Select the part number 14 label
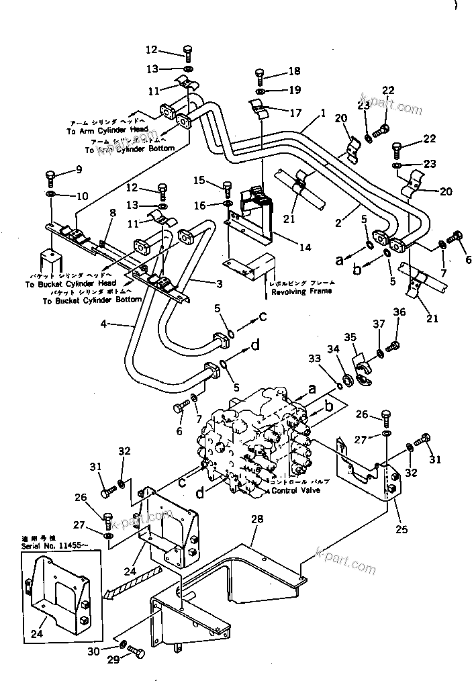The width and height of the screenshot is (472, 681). (x=305, y=248)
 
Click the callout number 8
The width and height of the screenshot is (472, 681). (x=113, y=213)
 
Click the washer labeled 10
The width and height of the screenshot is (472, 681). (x=52, y=195)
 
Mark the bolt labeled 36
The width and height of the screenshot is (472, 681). (x=395, y=344)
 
